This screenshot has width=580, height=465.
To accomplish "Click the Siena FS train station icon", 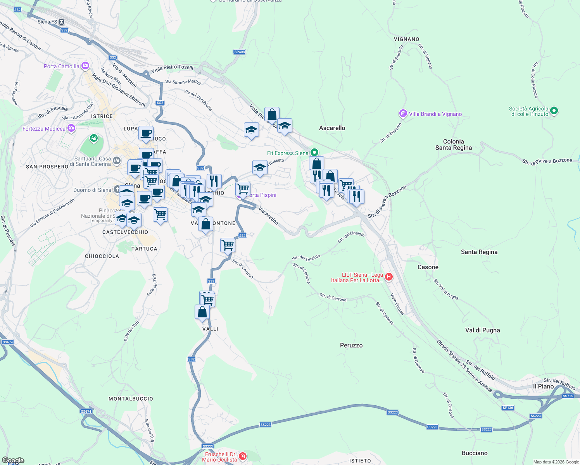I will pyautogui.click(x=62, y=22).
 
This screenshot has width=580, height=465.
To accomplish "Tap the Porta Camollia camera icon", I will pyautogui.click(x=85, y=66).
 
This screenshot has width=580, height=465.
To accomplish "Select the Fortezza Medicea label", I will pyautogui.click(x=44, y=129).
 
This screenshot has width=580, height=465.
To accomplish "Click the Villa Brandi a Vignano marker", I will pyautogui.click(x=403, y=114).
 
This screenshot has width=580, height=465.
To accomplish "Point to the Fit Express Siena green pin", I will pyautogui.click(x=314, y=153).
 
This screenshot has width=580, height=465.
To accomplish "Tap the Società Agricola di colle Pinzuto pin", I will pyautogui.click(x=554, y=111).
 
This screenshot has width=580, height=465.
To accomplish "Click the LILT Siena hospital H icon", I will pyautogui.click(x=389, y=277).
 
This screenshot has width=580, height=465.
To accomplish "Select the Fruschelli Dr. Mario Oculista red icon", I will pyautogui.click(x=243, y=456).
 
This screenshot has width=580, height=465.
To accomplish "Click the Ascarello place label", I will pyautogui.click(x=332, y=128).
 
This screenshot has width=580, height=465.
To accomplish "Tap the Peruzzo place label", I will pyautogui.click(x=351, y=345).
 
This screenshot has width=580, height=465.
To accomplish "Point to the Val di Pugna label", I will pyautogui.click(x=482, y=330).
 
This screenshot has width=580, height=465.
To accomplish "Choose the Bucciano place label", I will pyautogui.click(x=475, y=453).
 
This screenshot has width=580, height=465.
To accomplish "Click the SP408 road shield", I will pyautogui.click(x=240, y=52).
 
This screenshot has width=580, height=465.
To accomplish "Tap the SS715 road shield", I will pyautogui.click(x=568, y=396).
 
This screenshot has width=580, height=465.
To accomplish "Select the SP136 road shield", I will pyautogui.click(x=507, y=408).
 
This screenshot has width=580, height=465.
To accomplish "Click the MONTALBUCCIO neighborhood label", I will pyautogui.click(x=131, y=399).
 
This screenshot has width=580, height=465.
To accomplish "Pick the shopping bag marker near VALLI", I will pyautogui.click(x=202, y=312).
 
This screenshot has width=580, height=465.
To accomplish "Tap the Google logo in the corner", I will pyautogui.click(x=13, y=460).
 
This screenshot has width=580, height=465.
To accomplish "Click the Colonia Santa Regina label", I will pyautogui.click(x=453, y=145).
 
